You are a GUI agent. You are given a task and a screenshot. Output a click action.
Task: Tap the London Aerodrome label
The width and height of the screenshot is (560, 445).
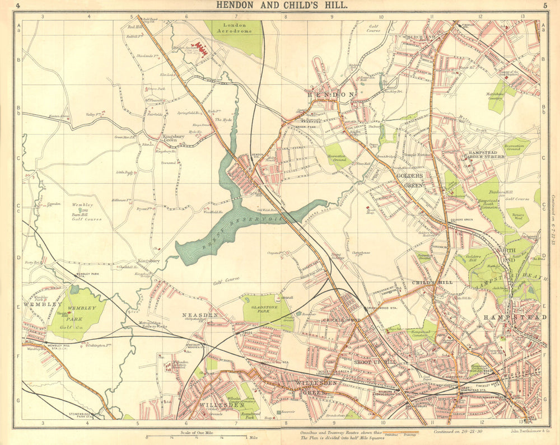(235, 29)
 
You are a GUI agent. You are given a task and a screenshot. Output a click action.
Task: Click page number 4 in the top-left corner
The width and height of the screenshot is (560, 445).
(18, 6)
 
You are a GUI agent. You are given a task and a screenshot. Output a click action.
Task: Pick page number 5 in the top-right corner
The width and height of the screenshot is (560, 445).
(544, 6)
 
